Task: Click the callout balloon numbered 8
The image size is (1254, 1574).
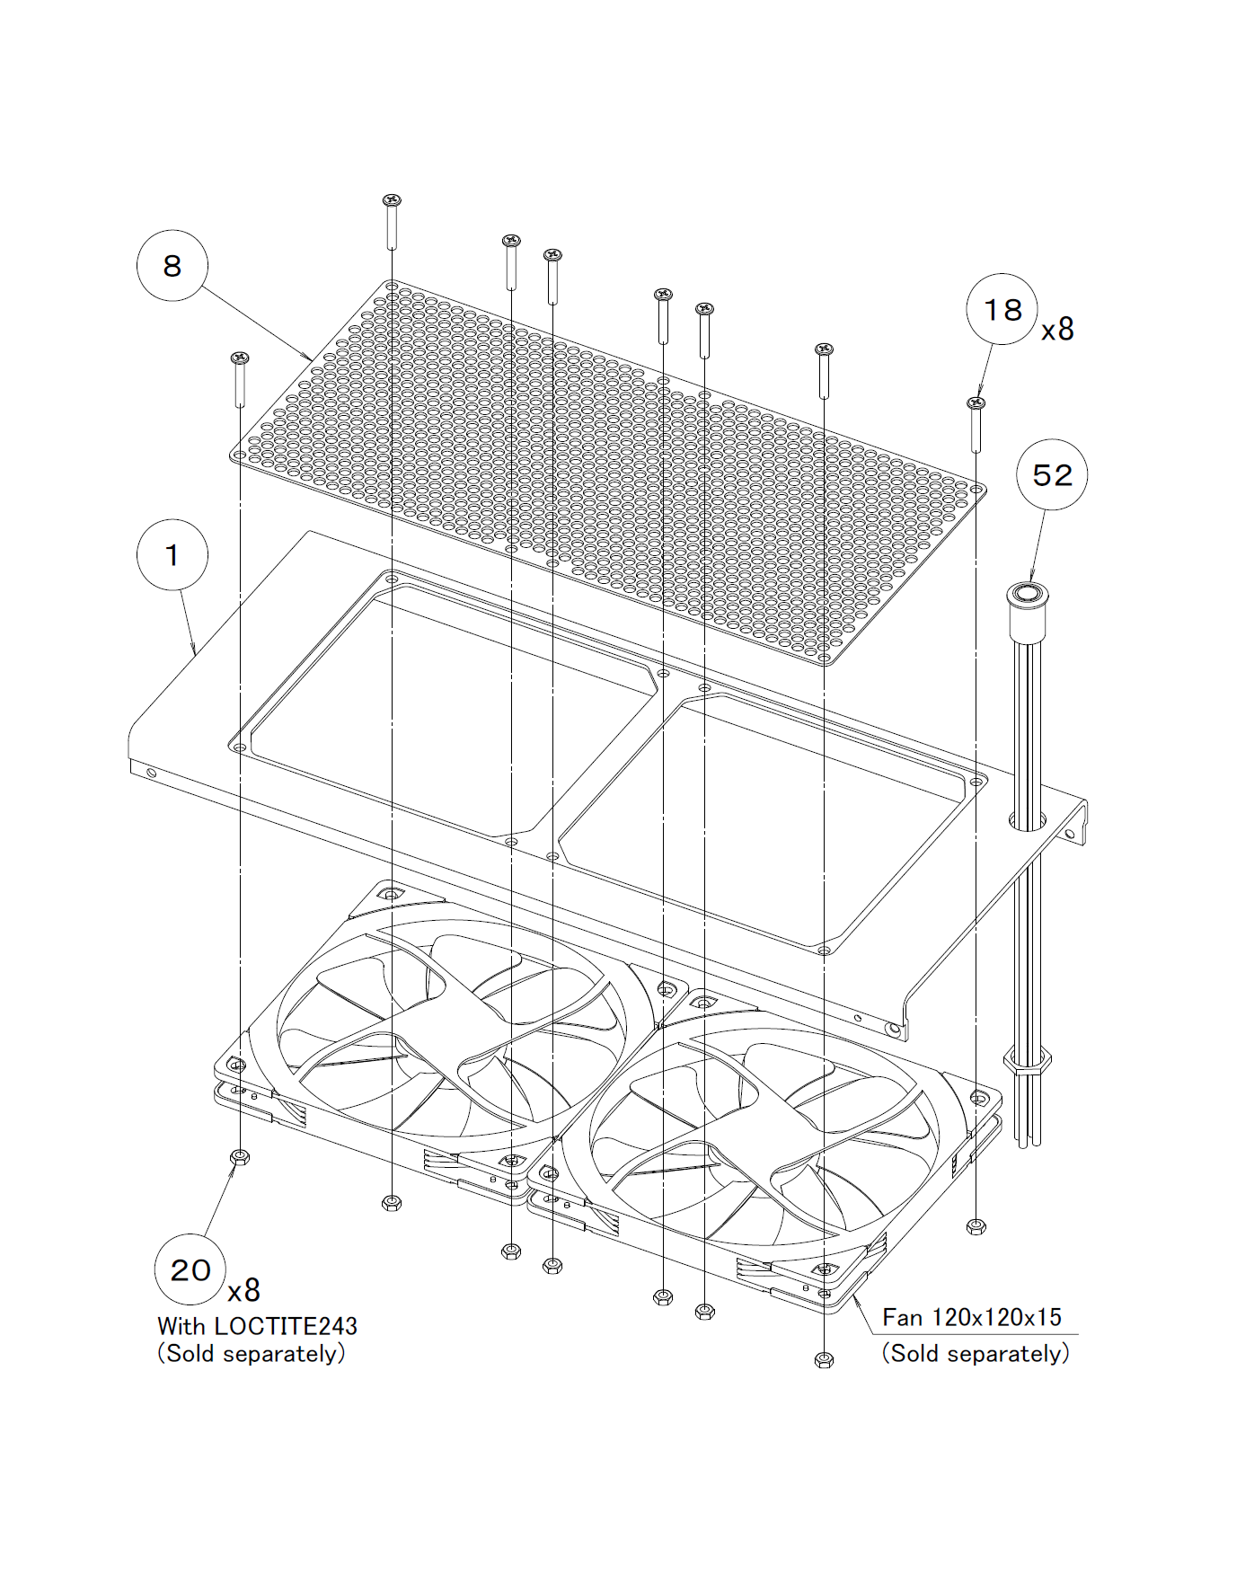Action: coord(172,265)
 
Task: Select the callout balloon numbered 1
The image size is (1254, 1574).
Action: coord(172,554)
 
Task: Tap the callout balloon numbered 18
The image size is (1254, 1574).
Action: coord(1002,310)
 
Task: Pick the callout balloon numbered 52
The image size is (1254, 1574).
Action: coord(1052,474)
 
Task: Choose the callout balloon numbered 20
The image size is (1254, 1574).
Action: coord(190,1269)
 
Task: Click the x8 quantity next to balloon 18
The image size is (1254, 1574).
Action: coord(1057,330)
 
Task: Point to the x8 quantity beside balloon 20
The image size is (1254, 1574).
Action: coord(243,1291)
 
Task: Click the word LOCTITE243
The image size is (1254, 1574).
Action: coord(286,1326)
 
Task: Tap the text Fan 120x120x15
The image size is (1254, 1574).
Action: coord(972,1318)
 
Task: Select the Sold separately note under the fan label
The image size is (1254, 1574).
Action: coord(976,1353)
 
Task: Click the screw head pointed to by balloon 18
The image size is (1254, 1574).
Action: coord(976,403)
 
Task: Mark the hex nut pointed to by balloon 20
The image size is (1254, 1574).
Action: coord(239,1157)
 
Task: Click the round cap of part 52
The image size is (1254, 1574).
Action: coord(1027,594)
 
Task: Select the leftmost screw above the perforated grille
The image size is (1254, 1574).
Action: coord(239,358)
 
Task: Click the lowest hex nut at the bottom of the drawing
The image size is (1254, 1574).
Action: coord(824,1360)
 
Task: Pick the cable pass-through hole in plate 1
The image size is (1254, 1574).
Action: coord(1027,820)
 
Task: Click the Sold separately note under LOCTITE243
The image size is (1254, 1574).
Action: coord(252,1354)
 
